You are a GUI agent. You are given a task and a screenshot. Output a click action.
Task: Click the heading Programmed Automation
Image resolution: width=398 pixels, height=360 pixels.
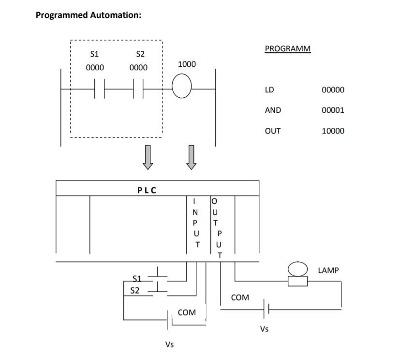88,15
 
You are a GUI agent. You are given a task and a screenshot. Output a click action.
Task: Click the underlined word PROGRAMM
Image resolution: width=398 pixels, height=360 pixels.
288,48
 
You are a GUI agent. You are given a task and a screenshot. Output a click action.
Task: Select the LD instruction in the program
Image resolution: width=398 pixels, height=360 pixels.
269,90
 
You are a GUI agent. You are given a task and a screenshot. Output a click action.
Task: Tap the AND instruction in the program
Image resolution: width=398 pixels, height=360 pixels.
273,110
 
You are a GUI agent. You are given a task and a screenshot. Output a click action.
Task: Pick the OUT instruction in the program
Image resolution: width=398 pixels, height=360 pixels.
273,131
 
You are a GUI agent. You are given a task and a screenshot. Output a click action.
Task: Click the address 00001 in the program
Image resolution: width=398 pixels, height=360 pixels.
333,110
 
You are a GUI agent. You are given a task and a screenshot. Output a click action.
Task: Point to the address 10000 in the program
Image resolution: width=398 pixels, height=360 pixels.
333,131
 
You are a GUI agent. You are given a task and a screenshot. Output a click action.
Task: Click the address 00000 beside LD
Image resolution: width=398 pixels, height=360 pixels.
333,90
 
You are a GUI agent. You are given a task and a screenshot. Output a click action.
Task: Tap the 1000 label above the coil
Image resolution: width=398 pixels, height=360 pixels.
187,64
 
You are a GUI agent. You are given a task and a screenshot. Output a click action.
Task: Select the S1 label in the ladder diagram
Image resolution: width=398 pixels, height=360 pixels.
95,53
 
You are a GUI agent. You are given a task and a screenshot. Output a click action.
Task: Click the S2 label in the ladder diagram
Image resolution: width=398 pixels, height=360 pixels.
138,53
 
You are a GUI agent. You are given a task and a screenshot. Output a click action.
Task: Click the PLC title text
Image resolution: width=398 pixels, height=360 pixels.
147,190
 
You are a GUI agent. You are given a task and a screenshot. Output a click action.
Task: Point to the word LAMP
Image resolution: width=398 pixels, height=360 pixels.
328,270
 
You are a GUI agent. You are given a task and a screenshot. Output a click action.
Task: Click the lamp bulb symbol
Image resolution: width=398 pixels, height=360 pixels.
297,269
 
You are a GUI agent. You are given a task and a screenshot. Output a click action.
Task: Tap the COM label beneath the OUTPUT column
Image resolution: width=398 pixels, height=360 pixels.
240,297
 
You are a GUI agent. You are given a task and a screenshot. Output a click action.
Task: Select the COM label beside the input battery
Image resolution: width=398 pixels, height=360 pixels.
187,313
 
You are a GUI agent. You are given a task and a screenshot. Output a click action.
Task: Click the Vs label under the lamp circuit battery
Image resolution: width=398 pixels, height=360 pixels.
264,330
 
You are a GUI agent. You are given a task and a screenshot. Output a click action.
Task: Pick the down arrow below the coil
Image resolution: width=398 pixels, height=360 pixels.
192,157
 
